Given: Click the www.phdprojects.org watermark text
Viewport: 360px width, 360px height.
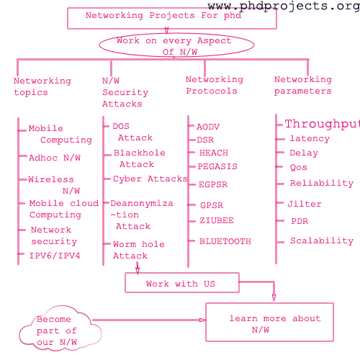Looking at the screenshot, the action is click(284, 6).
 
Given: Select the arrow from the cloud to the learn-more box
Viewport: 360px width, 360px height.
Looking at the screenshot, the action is click(149, 320).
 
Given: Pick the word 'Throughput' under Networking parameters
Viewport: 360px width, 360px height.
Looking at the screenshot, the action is click(323, 124).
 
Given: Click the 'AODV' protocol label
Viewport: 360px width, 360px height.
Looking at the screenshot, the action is click(208, 127).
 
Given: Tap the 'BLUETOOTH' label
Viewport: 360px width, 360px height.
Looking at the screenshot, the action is click(225, 241).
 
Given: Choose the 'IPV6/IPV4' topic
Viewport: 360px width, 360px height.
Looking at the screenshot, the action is click(55, 256).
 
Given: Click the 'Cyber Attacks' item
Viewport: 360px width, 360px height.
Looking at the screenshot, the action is click(150, 179).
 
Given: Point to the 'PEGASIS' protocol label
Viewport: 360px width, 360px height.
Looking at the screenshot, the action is click(217, 166).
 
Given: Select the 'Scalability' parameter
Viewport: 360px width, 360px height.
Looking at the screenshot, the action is click(322, 240).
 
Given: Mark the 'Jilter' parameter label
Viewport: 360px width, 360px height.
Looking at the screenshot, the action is click(305, 204).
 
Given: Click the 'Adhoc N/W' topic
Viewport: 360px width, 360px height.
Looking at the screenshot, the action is click(55, 158).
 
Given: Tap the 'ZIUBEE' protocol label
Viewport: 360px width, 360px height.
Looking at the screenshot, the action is click(217, 220).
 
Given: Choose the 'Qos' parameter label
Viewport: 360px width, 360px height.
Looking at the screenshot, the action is click(298, 167).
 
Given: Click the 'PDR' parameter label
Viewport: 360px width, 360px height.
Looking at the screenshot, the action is click(300, 221).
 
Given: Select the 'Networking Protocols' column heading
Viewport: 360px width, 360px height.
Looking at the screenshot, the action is click(215, 85).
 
